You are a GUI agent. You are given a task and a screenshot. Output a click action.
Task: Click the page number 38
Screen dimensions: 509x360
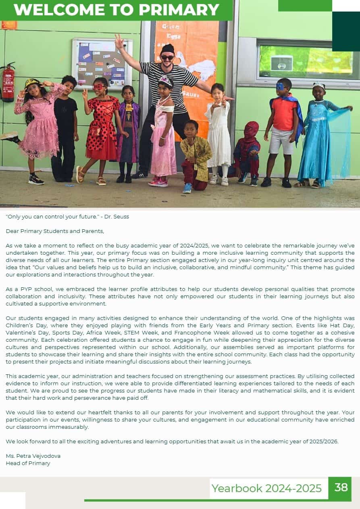341,487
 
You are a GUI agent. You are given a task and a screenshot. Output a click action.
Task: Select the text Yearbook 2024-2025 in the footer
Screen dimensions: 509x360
266,488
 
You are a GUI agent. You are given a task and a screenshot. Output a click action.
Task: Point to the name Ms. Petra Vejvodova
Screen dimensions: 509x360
33,456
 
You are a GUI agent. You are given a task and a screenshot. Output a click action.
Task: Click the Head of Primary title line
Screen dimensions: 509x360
28,463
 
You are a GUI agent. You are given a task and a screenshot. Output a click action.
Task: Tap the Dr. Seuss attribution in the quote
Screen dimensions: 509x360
117,216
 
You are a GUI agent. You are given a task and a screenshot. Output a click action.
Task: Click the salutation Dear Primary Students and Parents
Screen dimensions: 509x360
55,231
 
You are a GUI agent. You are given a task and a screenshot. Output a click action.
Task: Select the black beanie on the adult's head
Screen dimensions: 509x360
167,49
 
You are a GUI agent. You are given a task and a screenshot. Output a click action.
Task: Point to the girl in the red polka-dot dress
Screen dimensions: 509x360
101,129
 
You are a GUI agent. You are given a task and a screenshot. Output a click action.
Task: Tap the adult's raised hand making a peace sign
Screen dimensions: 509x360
119,41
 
